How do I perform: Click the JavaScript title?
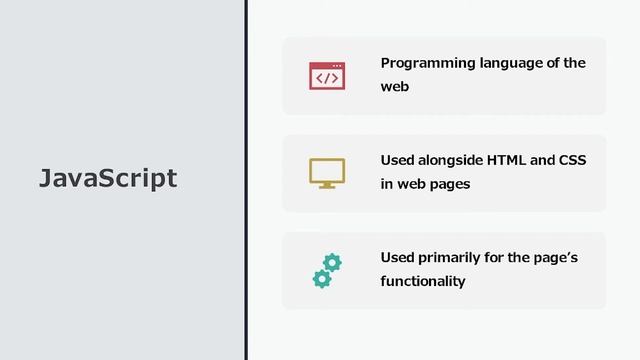click(x=108, y=178)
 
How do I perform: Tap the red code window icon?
click(x=327, y=76)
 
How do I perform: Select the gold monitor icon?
click(x=327, y=173)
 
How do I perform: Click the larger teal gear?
click(x=332, y=262)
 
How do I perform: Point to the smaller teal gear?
click(x=321, y=279)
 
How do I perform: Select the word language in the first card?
click(x=509, y=63)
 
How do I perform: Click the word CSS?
click(x=572, y=160)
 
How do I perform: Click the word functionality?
click(x=422, y=281)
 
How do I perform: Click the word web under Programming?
click(x=394, y=87)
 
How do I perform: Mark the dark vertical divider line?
click(x=246, y=180)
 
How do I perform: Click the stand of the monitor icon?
click(x=327, y=185)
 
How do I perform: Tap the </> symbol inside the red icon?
click(x=327, y=78)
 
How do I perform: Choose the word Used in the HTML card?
click(x=396, y=160)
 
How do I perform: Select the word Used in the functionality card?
click(x=396, y=258)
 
